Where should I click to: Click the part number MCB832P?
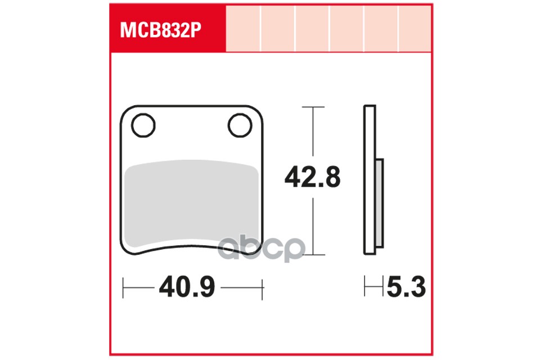[160, 30]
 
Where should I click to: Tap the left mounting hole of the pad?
[143, 124]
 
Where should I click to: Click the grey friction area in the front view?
[191, 202]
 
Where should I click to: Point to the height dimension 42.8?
[313, 178]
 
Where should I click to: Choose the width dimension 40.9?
[187, 289]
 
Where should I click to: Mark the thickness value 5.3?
[406, 289]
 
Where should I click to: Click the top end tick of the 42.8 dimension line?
[313, 106]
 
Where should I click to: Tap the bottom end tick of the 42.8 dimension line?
[313, 254]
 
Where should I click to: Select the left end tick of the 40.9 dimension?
[123, 289]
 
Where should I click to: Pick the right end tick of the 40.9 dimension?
[263, 289]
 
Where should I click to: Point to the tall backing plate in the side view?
[370, 180]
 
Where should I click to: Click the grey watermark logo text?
[262, 250]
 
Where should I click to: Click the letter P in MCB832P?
[195, 30]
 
